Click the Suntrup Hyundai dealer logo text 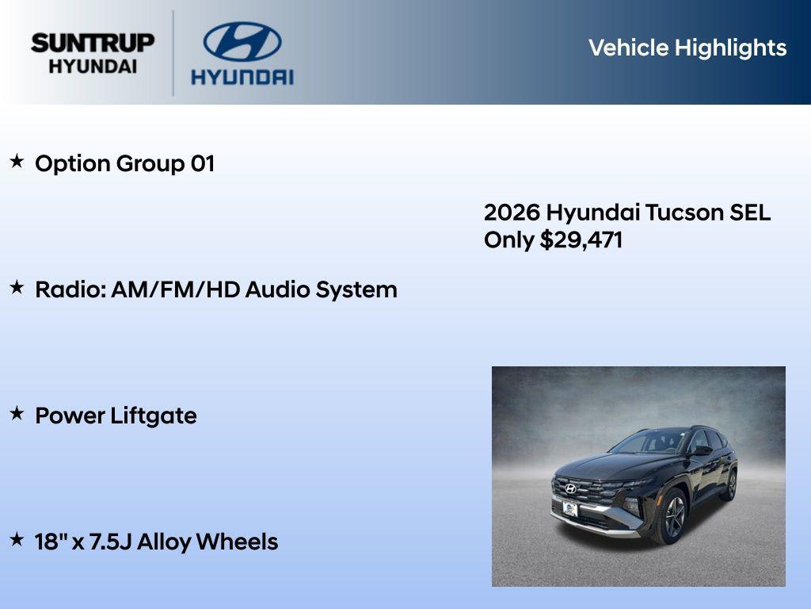coord(93,53)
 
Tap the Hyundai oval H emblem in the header coord(242,41)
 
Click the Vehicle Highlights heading coord(687,48)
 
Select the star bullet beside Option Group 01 coord(17,162)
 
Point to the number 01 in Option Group coord(202,164)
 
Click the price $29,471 coord(581,240)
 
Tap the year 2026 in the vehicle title coord(512,213)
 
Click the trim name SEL coord(748,213)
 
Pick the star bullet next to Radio coord(17,288)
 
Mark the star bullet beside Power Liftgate coord(17,414)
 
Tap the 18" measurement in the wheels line coord(50,542)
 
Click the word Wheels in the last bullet coord(237,542)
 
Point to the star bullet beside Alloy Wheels coord(17,540)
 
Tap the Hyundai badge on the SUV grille coord(570,488)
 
